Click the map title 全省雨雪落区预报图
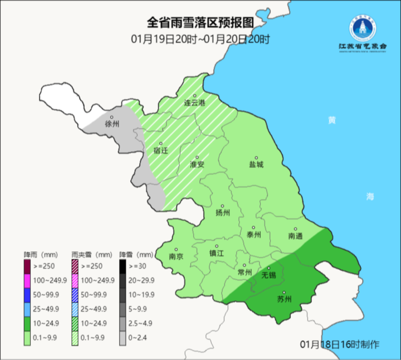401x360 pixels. [200, 23]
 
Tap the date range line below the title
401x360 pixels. [200, 39]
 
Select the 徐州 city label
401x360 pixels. [112, 124]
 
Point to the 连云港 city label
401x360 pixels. [194, 103]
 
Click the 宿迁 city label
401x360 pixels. [160, 150]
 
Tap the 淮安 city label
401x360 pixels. [197, 164]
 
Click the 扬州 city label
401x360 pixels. [222, 212]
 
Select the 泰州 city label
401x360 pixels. [254, 235]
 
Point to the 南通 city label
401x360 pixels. [296, 236]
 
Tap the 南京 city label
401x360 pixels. [176, 257]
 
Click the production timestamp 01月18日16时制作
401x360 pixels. [339, 343]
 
